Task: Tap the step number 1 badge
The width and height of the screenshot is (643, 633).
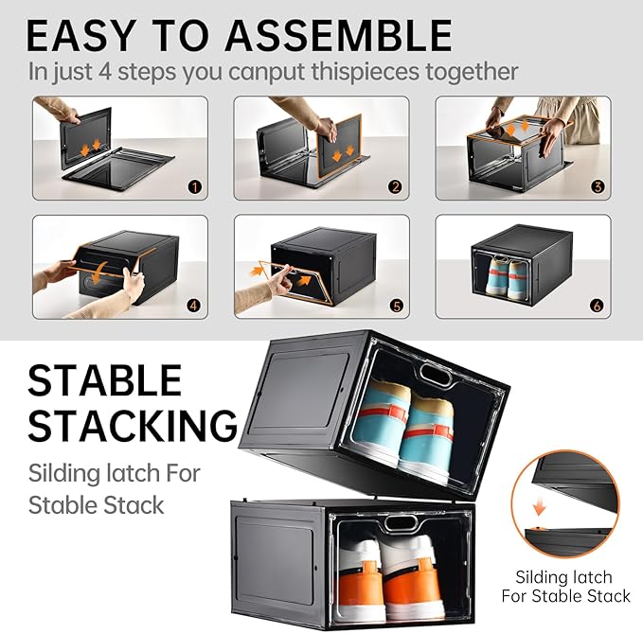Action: pyautogui.click(x=194, y=187)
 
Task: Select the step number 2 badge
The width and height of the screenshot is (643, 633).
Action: pyautogui.click(x=395, y=187)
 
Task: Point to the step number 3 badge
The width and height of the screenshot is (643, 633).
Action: pyautogui.click(x=598, y=187)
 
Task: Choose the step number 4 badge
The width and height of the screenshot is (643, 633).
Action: pyautogui.click(x=194, y=306)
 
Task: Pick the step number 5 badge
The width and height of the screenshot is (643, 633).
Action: pyautogui.click(x=395, y=306)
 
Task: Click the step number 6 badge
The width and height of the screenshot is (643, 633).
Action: pyautogui.click(x=598, y=306)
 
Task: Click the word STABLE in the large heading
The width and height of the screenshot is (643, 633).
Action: pyautogui.click(x=104, y=380)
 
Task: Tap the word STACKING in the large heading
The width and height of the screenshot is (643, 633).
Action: pyautogui.click(x=133, y=426)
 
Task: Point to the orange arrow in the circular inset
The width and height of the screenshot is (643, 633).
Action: pyautogui.click(x=539, y=507)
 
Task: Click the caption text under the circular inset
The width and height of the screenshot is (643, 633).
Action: pyautogui.click(x=574, y=586)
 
